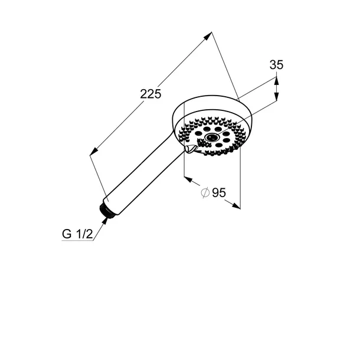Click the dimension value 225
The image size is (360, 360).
150,94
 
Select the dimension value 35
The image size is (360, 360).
276,65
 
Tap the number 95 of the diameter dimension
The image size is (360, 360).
219,192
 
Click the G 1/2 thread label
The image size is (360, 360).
77,234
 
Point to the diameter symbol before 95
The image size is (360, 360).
205,192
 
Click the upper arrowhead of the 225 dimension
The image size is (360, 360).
208,36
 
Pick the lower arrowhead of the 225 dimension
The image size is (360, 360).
94,151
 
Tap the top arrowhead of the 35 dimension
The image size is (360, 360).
276,81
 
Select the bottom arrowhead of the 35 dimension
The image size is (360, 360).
276,96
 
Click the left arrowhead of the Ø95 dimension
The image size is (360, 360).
188,179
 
